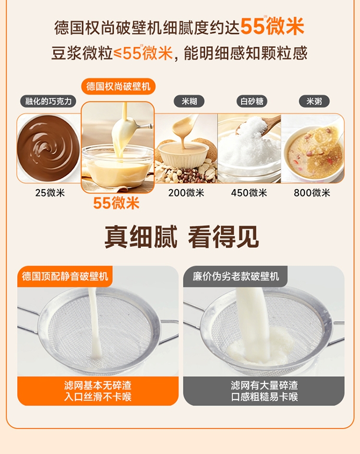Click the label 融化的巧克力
point(48,101)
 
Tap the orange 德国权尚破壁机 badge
point(118,86)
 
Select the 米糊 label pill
point(189,101)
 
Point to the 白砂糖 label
point(252,101)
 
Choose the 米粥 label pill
point(314,101)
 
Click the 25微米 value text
point(50,193)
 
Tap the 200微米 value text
point(186,193)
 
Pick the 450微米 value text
point(249,193)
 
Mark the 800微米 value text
point(312,193)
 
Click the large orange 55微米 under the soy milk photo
point(116,203)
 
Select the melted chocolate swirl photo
point(48,148)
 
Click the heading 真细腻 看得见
point(181,238)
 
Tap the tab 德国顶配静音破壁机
point(65,276)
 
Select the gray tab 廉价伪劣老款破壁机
point(236,276)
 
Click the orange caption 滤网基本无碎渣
point(98,385)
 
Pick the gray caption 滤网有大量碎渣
point(264,385)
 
